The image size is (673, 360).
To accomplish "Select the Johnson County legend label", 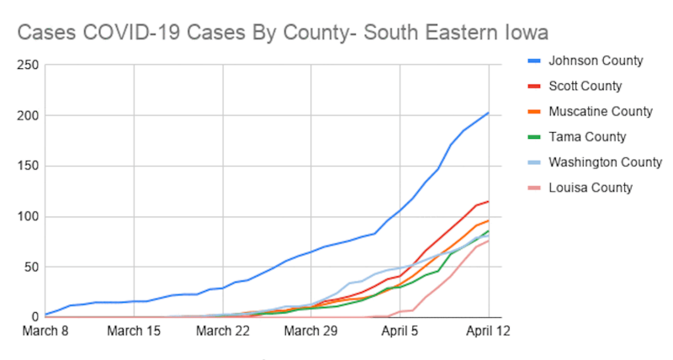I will point(595,61).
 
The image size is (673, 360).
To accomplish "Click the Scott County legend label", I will point(585,86).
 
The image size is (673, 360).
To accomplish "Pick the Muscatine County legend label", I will point(600,111).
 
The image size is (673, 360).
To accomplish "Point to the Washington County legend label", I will point(605,161).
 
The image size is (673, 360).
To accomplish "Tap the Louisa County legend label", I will point(590,188).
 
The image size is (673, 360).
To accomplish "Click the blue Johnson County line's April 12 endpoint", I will point(489,113).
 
